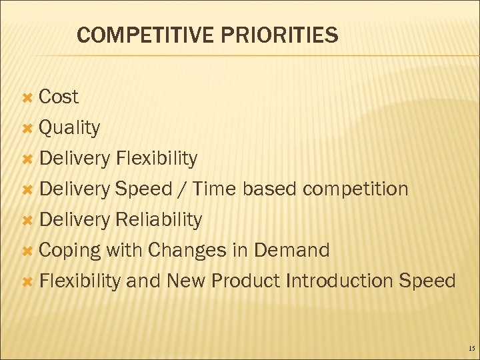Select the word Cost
pos(59,97)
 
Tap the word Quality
pos(69,128)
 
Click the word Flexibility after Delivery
pos(156,159)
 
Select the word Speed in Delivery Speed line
pos(143,189)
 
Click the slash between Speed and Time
pos(181,189)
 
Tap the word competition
pos(355,189)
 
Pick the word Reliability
pos(159,220)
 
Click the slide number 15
pos(471,349)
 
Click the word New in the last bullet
pos(185,281)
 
